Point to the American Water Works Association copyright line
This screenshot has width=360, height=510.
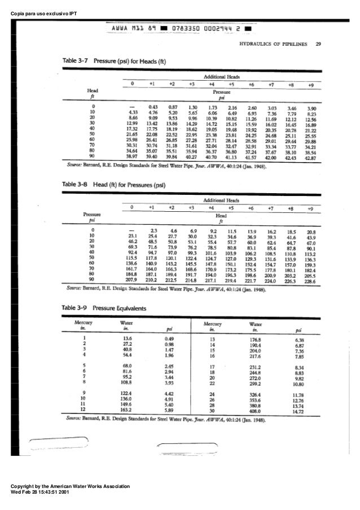pos(66,486)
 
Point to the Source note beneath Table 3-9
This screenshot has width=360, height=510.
pos(169,421)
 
